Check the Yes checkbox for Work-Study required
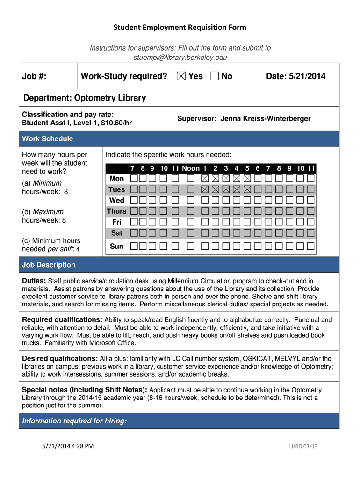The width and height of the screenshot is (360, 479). point(181,76)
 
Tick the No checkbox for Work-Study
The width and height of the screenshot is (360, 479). point(215,76)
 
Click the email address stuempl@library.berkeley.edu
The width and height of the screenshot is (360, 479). point(180,57)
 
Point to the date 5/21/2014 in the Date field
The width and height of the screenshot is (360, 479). point(309,76)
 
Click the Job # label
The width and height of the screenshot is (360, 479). point(34,76)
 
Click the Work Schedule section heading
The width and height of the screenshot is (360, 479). point(48,139)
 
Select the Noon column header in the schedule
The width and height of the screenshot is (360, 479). point(191,168)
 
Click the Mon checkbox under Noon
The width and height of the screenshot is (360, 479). point(191,179)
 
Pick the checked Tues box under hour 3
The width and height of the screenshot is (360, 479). point(226,189)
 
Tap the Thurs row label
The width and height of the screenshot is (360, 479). point(116,211)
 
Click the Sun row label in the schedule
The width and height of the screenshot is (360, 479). point(116,246)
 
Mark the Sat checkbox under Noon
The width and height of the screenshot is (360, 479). point(191,233)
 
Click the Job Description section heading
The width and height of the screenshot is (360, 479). point(49,265)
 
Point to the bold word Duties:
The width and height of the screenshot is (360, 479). point(34,281)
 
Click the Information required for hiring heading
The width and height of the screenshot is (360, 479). point(74,421)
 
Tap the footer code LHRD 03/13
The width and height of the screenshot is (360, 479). point(303,446)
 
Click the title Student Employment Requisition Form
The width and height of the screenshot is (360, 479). point(180,28)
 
